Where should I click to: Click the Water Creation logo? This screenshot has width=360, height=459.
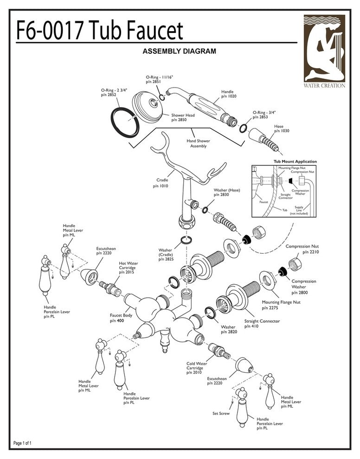(324, 51)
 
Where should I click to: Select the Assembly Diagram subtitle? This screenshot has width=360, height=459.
(179, 51)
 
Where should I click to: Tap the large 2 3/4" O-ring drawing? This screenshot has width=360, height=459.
(125, 122)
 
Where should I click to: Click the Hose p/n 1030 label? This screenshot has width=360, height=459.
(282, 128)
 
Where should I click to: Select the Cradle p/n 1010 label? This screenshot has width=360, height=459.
(161, 183)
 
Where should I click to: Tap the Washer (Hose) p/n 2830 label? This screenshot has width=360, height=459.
(226, 192)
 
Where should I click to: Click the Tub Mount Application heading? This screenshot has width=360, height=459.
(295, 161)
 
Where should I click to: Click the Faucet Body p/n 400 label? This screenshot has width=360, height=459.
(121, 318)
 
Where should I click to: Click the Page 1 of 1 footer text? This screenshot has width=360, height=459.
(23, 443)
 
